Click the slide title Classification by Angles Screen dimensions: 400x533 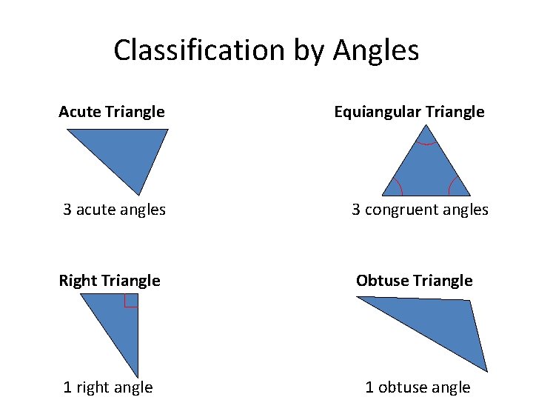[266, 50]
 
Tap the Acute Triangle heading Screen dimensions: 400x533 [112, 112]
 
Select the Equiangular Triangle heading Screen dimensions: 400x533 [409, 112]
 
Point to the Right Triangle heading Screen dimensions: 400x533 [110, 280]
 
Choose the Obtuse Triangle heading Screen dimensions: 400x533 [414, 280]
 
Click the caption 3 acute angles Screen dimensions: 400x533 [114, 210]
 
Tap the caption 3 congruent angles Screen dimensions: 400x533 [420, 210]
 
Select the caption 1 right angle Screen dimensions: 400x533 [108, 387]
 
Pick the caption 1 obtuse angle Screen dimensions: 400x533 [418, 387]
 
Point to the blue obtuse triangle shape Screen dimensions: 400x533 [444, 326]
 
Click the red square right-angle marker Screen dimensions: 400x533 [131, 300]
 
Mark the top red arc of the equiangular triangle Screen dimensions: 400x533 [426, 142]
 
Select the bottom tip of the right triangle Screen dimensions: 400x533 [138, 375]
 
